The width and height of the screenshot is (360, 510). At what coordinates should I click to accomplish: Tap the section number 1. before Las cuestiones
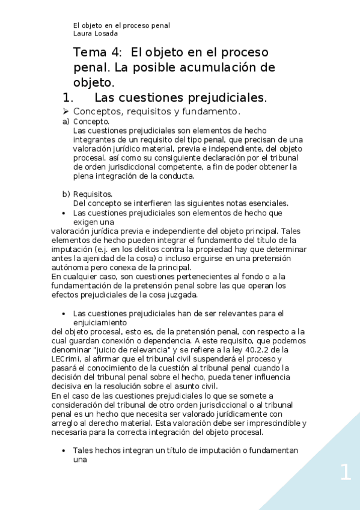(68, 97)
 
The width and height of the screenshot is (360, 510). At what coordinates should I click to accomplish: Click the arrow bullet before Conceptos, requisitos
(67, 112)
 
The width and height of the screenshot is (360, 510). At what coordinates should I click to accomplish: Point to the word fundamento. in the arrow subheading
(213, 112)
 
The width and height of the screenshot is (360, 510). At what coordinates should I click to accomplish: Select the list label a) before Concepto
(66, 121)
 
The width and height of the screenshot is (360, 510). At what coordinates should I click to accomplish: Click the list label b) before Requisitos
(66, 194)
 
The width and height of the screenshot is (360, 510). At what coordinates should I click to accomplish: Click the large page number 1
(345, 473)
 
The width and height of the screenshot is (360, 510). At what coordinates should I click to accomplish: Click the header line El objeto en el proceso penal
(121, 25)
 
